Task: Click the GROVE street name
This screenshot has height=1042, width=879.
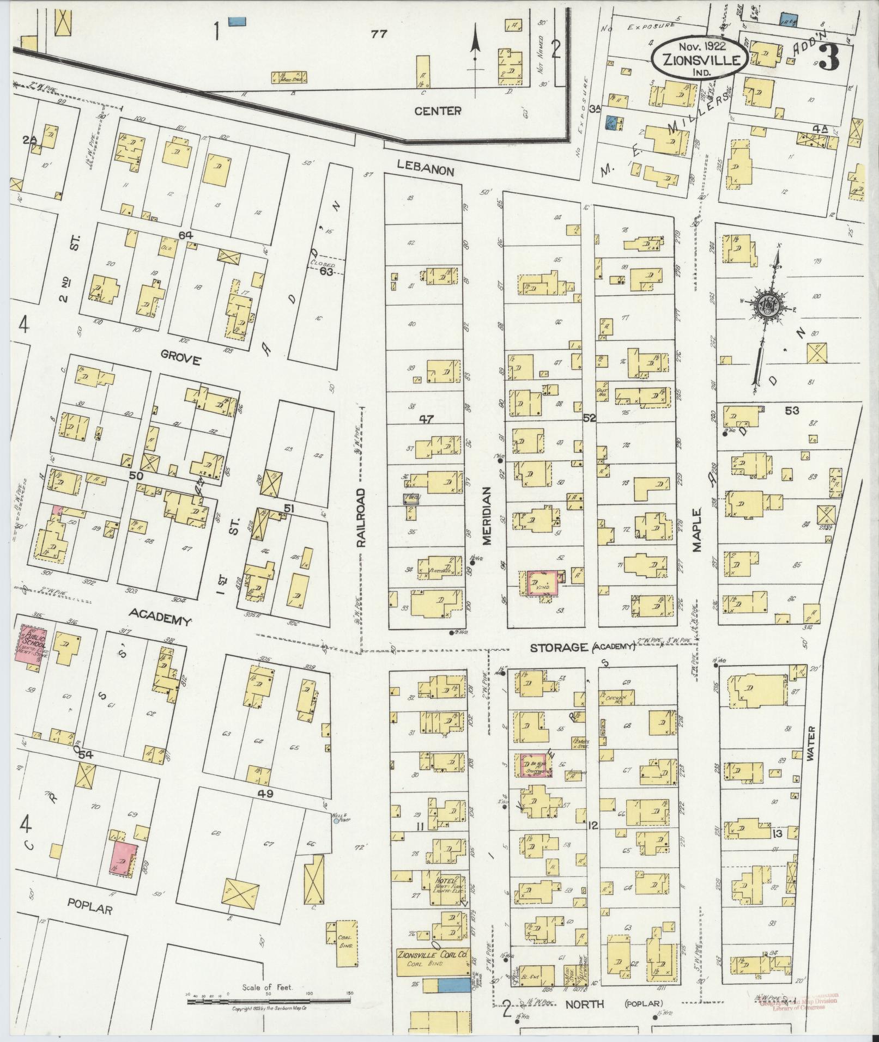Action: point(181,360)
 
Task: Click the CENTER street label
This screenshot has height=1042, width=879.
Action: point(438,111)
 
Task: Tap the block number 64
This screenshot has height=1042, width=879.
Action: point(186,235)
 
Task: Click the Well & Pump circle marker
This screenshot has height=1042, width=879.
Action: point(335,821)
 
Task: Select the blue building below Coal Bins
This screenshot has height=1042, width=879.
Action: point(453,985)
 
